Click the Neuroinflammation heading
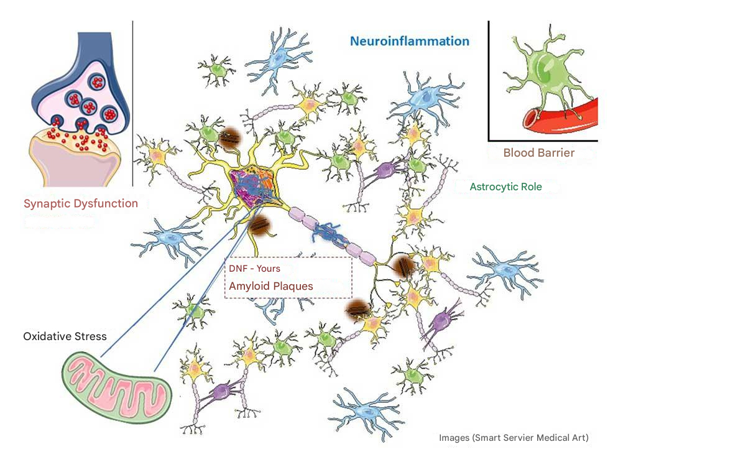[x=409, y=42]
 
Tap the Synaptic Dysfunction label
[x=81, y=203]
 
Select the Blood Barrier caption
[x=538, y=152]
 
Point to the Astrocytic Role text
[x=505, y=187]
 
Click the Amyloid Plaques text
[x=270, y=286]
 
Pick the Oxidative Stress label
[x=65, y=336]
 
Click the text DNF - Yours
[x=254, y=269]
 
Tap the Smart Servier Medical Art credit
[x=514, y=438]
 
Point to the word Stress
[x=91, y=336]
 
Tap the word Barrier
[x=556, y=152]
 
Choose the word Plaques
[x=292, y=286]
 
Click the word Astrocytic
[x=491, y=187]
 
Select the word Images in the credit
[x=454, y=438]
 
